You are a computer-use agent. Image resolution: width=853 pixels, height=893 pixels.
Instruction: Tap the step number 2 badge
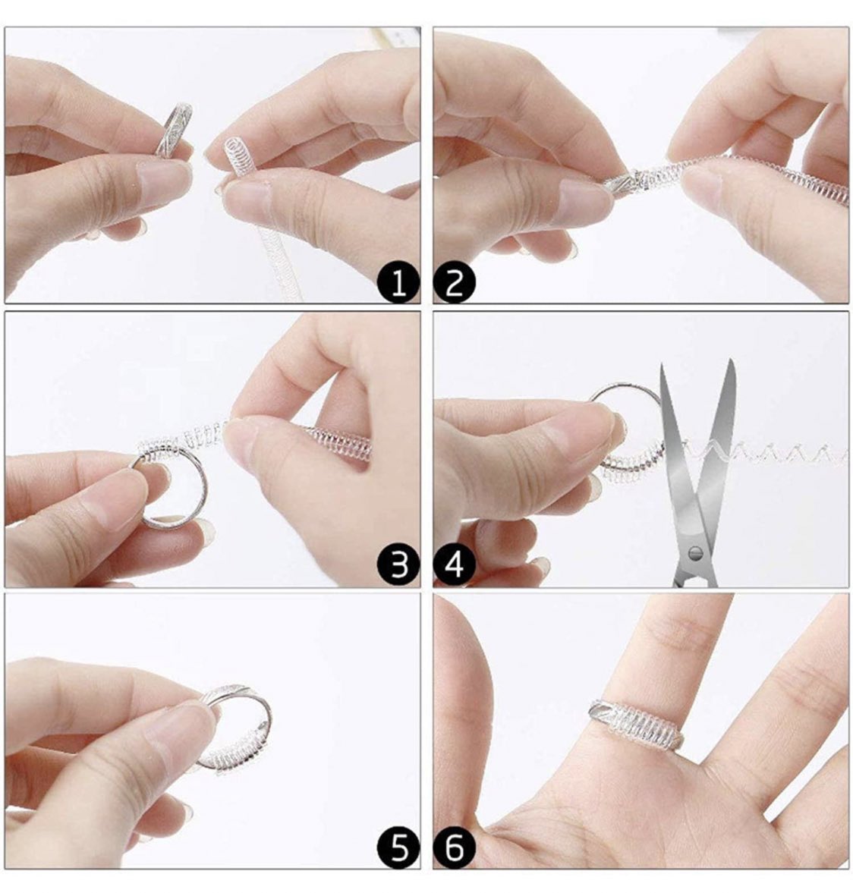coord(454,282)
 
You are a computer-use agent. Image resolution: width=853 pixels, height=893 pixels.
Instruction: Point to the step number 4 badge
coord(454,565)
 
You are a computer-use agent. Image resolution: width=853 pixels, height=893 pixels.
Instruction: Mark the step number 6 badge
coord(454,848)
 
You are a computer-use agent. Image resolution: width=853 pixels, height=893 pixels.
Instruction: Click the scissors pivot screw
coord(694,552)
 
